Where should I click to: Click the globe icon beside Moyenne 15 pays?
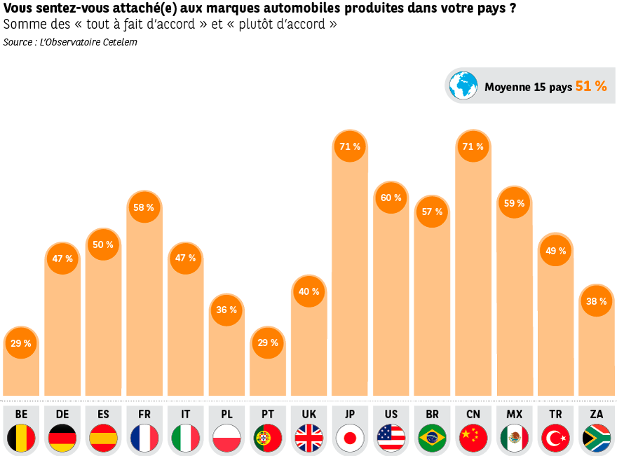(x=463, y=85)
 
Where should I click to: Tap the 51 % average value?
(x=591, y=86)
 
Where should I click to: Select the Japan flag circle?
(x=350, y=438)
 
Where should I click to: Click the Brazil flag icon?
(x=432, y=438)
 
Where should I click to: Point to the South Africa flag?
(x=597, y=438)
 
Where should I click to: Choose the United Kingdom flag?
(x=308, y=438)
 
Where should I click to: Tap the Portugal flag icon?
(x=268, y=438)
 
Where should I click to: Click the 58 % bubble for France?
(x=144, y=207)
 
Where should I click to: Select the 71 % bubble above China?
(x=473, y=146)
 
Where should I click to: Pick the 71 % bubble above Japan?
(x=349, y=146)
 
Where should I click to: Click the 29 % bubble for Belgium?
(x=21, y=343)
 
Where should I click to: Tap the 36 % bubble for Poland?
(x=226, y=310)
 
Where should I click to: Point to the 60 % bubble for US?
(x=391, y=198)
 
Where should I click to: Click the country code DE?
(x=62, y=414)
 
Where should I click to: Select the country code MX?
(x=514, y=414)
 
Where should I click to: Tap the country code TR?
(x=555, y=414)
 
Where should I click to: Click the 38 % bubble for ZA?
(x=596, y=301)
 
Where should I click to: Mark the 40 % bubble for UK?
(x=308, y=291)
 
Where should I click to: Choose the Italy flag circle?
(x=186, y=438)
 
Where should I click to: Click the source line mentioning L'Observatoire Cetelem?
(x=69, y=42)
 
